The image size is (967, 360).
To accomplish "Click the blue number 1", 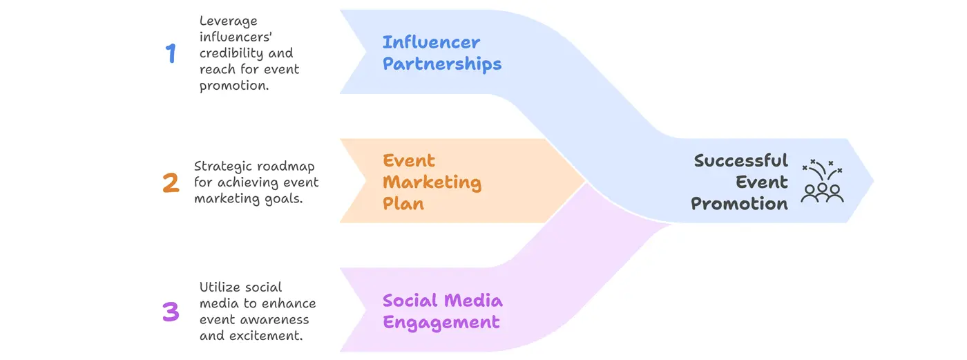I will (x=171, y=53).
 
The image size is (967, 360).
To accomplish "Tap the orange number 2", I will (x=171, y=183).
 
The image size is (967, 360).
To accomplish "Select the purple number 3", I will (x=171, y=312).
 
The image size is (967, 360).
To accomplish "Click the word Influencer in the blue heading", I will (x=431, y=42).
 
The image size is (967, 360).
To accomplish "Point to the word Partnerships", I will (x=442, y=64).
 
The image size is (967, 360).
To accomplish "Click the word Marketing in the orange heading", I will (x=432, y=182).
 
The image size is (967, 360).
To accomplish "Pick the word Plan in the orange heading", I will (x=403, y=204).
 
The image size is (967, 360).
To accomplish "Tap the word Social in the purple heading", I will (x=410, y=301).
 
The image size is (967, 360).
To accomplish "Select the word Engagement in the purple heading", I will (x=441, y=322).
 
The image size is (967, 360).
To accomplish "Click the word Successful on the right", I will (x=740, y=161).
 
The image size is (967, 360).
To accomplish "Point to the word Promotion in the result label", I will (x=739, y=204).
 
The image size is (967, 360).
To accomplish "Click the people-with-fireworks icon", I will (x=822, y=181).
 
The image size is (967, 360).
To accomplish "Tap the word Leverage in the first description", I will (x=227, y=21).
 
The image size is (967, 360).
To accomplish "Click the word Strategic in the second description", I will (x=222, y=167).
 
